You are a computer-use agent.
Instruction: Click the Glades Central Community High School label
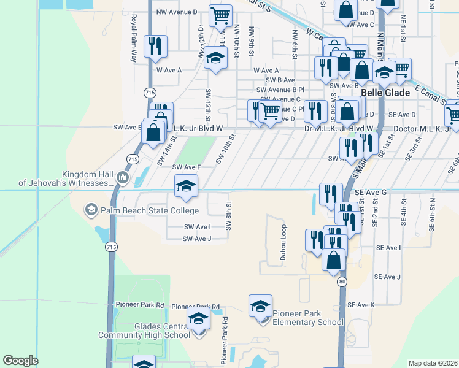pyautogui.click(x=144, y=331)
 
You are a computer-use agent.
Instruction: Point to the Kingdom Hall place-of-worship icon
pyautogui.click(x=122, y=179)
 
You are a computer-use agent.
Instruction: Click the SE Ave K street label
pyautogui.click(x=361, y=305)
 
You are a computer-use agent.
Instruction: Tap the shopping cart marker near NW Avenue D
pyautogui.click(x=220, y=15)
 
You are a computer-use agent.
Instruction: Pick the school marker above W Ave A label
pyautogui.click(x=215, y=59)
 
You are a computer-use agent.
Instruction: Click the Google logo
pyautogui.click(x=20, y=360)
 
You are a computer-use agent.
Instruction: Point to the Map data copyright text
pyautogui.click(x=433, y=363)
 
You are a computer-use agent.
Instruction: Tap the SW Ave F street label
pyautogui.click(x=187, y=167)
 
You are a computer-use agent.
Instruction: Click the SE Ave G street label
pyautogui.click(x=371, y=193)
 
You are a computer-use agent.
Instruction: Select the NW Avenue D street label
pyautogui.click(x=177, y=12)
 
